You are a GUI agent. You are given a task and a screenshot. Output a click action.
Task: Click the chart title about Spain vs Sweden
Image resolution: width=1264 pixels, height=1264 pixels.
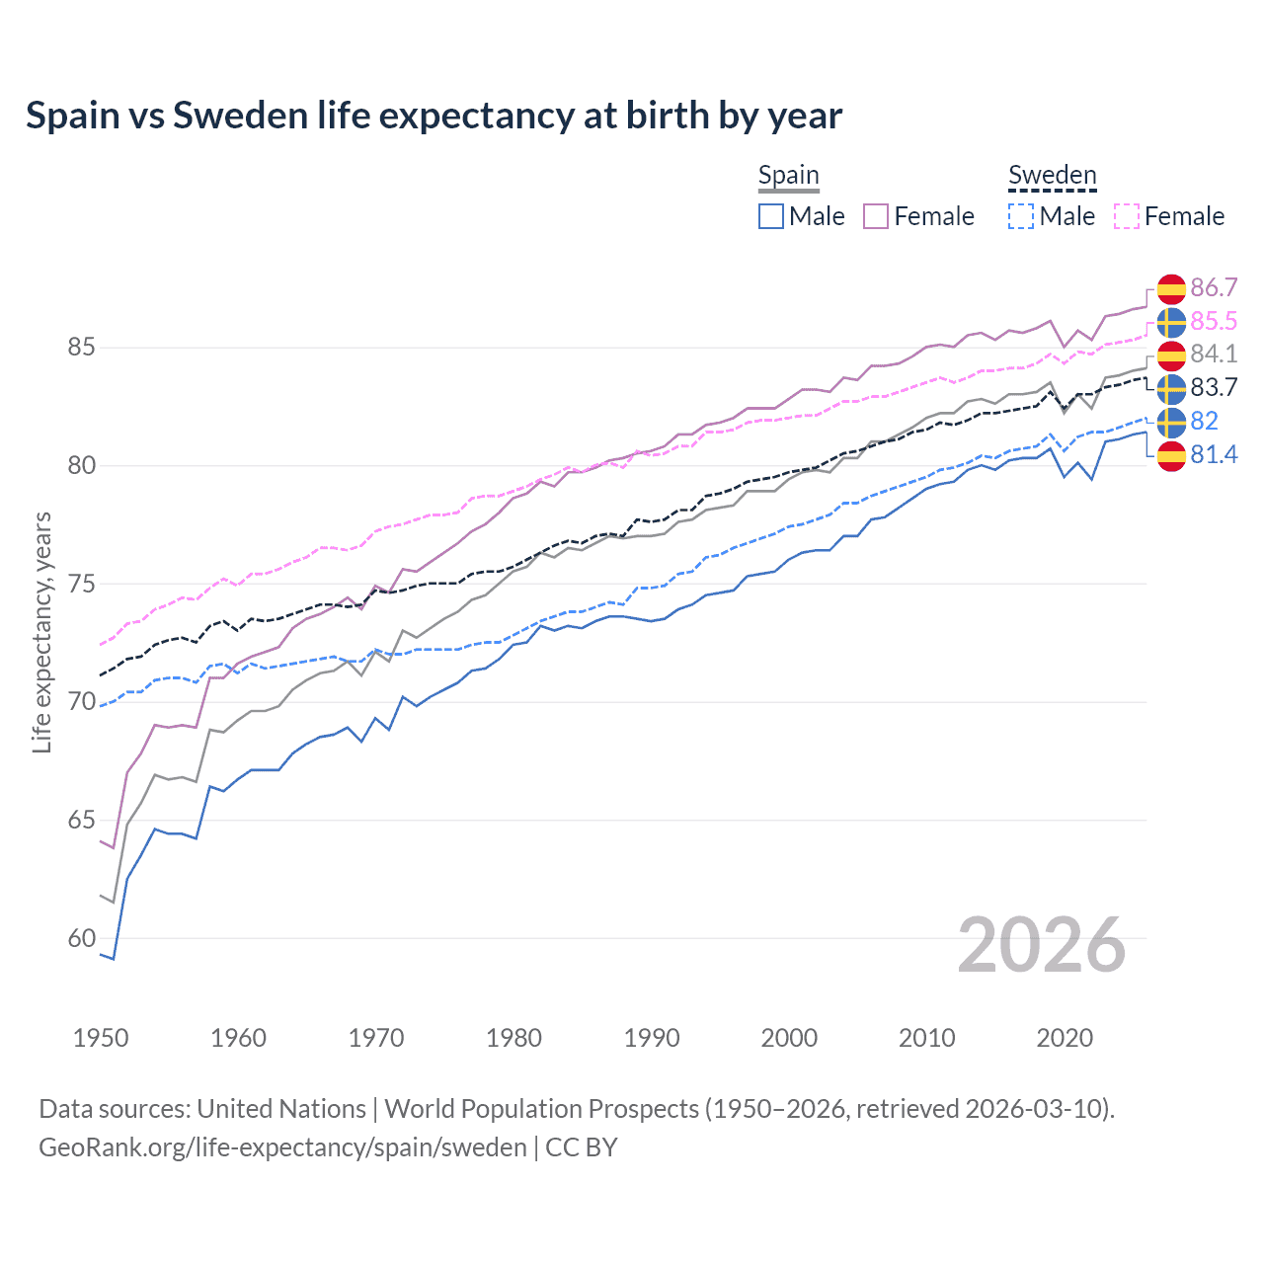click(434, 116)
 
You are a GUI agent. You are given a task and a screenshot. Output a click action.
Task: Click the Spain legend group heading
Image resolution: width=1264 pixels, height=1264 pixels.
click(788, 176)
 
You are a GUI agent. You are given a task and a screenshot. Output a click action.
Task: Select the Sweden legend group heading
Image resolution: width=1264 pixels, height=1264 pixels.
click(1052, 176)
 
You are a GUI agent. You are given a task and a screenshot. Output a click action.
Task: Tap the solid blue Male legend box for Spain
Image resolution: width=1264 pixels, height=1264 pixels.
click(771, 216)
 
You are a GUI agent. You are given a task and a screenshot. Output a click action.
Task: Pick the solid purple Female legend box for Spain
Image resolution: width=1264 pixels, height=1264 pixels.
click(876, 216)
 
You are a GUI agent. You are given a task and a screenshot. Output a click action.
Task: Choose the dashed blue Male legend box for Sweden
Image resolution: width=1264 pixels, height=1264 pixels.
click(1021, 216)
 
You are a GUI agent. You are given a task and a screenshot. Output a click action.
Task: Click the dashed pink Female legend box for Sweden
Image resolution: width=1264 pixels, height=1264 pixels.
click(1127, 216)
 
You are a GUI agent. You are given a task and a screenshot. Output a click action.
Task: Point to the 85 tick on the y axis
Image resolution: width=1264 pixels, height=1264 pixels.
click(81, 348)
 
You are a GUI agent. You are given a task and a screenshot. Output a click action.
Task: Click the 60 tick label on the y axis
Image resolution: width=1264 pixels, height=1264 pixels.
click(81, 938)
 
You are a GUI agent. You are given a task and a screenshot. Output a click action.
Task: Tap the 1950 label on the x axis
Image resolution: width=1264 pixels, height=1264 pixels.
click(101, 1038)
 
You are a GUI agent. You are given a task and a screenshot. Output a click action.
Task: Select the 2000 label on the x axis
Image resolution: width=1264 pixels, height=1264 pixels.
click(789, 1038)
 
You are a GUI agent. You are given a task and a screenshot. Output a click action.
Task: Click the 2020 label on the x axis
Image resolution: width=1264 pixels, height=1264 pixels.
click(1065, 1038)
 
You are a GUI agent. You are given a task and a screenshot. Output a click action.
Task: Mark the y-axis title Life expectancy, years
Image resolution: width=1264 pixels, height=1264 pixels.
click(41, 632)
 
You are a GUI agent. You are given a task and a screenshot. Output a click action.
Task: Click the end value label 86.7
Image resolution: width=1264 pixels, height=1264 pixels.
click(1214, 287)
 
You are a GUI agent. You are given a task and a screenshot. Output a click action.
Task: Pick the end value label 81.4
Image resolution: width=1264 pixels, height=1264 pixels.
click(1214, 454)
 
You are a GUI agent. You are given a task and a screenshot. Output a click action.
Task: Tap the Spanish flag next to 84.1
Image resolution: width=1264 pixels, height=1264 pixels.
click(1171, 355)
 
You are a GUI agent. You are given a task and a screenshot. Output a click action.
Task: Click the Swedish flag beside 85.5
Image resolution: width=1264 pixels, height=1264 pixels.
click(1171, 322)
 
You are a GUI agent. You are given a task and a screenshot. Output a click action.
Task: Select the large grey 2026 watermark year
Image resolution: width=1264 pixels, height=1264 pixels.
click(1042, 945)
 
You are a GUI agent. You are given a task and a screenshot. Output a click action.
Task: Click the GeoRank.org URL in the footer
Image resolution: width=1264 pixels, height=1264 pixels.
click(282, 1147)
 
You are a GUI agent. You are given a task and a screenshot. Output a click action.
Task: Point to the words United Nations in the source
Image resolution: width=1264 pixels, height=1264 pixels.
click(281, 1109)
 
